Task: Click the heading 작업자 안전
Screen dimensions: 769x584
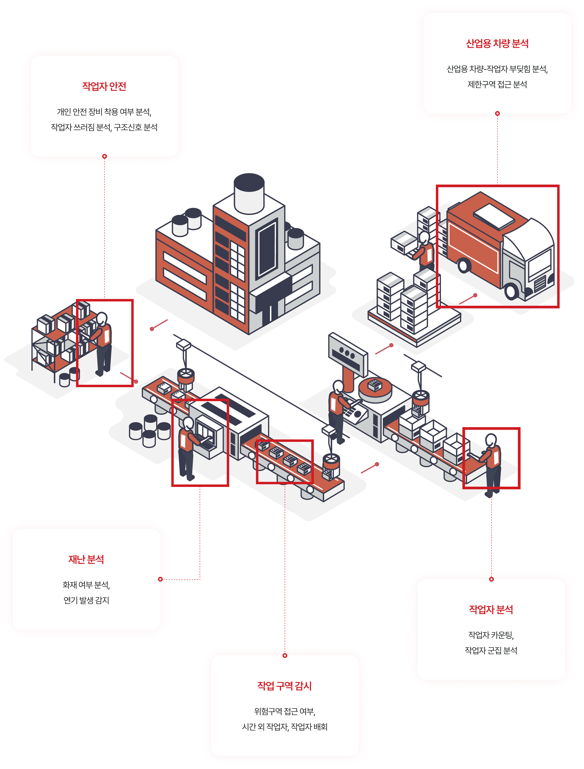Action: (104, 86)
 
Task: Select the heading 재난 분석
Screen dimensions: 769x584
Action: (86, 559)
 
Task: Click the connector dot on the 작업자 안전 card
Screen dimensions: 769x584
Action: (104, 156)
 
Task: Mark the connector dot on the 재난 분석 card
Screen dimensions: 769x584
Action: (160, 579)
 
